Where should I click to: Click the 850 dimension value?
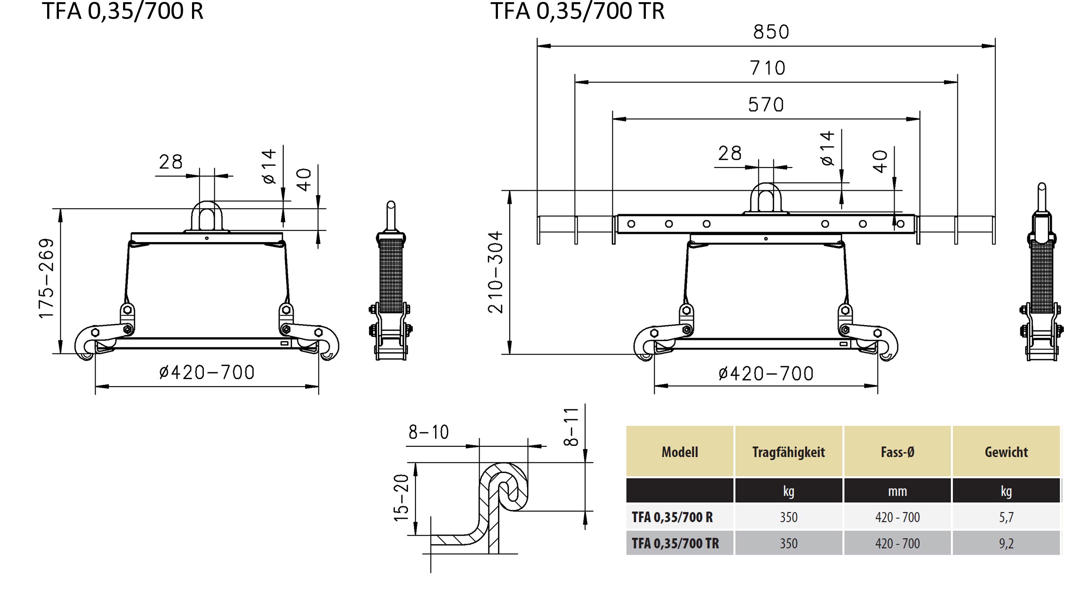tap(771, 32)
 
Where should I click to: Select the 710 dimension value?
tap(768, 68)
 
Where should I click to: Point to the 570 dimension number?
tap(766, 105)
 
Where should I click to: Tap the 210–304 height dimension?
tap(495, 272)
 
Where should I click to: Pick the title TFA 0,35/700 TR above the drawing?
tap(577, 11)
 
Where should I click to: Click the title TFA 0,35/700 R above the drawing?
tap(123, 11)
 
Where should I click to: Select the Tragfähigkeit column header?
tap(789, 452)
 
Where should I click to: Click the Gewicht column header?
tap(1006, 452)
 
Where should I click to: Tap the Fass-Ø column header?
tap(898, 452)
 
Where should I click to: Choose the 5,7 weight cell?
tap(1006, 517)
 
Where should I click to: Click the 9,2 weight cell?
tap(1006, 543)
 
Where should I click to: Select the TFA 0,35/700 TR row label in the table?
tap(675, 543)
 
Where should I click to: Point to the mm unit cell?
tap(898, 491)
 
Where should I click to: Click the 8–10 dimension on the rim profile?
tap(429, 432)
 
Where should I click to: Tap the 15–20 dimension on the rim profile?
tap(401, 498)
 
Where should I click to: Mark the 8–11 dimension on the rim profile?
tap(571, 427)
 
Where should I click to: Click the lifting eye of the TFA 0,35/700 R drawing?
tap(207, 216)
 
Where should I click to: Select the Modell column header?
tap(680, 452)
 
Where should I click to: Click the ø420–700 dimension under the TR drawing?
tap(766, 373)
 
